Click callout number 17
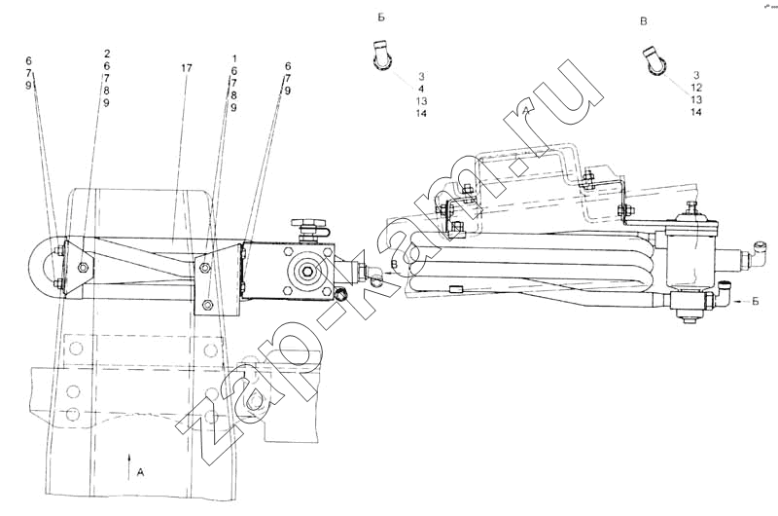click(186, 68)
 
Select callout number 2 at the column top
click(107, 54)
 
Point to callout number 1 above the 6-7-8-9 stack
click(233, 58)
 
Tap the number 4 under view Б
click(421, 89)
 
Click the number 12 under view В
click(696, 88)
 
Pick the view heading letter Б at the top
click(381, 18)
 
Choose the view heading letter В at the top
click(644, 21)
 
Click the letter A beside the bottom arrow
click(140, 472)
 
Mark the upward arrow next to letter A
click(129, 466)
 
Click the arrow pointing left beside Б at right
click(741, 301)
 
